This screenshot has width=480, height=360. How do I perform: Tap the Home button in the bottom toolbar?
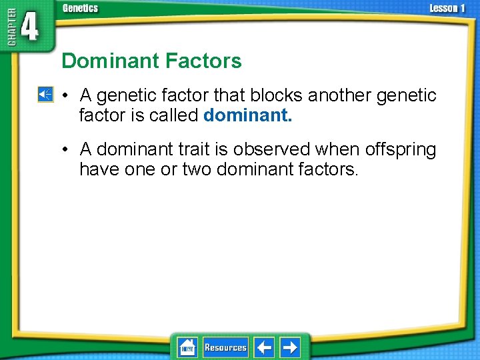187,347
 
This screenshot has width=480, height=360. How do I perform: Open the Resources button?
225,347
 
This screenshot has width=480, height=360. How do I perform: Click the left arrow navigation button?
264,347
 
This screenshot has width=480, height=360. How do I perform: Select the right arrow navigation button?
289,347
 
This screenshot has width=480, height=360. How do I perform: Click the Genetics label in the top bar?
80,8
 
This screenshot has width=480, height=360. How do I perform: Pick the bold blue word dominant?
247,115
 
